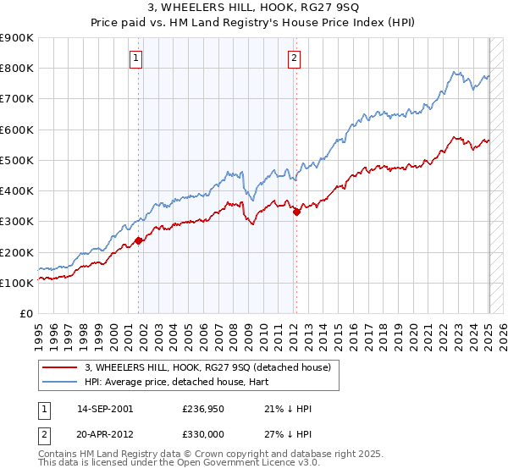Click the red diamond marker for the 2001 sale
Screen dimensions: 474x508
coord(138,241)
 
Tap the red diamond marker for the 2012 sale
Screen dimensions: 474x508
coord(296,212)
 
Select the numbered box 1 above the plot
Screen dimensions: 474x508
coord(136,58)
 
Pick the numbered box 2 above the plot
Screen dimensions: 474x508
coord(294,58)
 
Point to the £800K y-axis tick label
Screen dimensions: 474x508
coord(17,69)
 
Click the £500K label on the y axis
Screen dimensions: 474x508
coord(17,161)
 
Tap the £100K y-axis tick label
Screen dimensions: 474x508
coord(17,284)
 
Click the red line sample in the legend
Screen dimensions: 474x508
coord(60,367)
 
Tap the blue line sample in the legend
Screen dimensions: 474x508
coord(60,382)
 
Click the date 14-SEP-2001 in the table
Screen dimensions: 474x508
coord(105,409)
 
